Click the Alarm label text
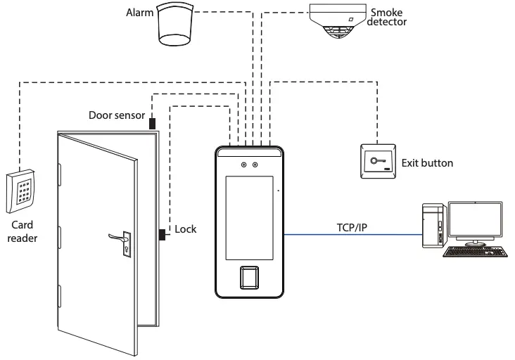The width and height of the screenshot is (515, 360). [x=139, y=13]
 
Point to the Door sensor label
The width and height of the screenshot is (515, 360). [x=117, y=115]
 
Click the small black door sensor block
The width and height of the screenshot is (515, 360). [x=152, y=123]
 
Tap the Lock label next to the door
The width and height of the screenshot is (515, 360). [x=186, y=229]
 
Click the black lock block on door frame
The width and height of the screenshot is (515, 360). [x=163, y=234]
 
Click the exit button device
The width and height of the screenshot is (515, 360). [x=378, y=162]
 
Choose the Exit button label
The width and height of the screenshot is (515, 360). [x=427, y=163]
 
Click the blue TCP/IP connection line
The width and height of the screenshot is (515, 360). [x=352, y=236]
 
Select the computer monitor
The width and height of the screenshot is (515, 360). [x=475, y=221]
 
